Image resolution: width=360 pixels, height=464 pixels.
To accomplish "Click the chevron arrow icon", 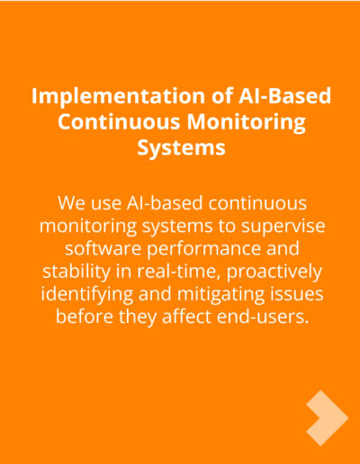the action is coord(328,418).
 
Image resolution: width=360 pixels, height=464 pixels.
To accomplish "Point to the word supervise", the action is coord(283,226).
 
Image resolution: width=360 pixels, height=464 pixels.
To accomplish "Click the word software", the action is coord(103,248).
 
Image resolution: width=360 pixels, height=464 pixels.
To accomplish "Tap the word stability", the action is coord(76,272).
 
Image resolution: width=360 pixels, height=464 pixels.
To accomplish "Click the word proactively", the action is coord(274,272).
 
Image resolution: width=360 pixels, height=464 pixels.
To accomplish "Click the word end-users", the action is coord(263,317).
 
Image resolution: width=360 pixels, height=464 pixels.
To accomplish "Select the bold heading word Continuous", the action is coord(119,123).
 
